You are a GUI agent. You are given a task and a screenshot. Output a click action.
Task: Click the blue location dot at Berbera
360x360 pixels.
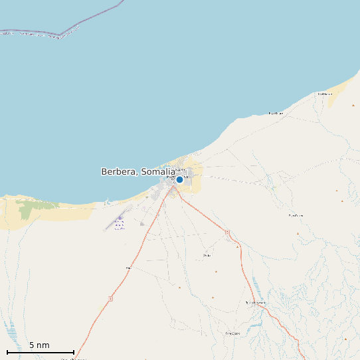(x=179, y=179)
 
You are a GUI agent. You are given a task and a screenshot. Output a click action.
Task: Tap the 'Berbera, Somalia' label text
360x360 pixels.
(x=137, y=171)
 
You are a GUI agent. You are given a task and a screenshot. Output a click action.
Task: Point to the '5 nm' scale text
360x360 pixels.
(x=39, y=345)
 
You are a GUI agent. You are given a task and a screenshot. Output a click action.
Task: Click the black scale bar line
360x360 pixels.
(x=40, y=352)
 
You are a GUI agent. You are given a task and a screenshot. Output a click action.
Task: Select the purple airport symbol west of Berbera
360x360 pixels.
(x=120, y=218)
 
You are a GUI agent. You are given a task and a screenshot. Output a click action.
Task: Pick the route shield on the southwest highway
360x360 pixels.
(x=128, y=268)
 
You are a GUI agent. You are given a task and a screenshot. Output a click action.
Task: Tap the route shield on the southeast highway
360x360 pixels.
(x=227, y=232)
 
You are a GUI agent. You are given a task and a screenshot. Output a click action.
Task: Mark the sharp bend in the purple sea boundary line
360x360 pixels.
(x=59, y=35)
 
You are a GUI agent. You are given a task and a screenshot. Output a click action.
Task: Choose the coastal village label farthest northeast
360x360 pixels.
(x=324, y=94)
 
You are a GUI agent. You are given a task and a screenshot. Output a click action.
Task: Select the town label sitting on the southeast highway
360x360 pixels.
(x=256, y=303)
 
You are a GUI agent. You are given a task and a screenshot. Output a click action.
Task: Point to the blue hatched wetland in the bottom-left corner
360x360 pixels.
(x=9, y=328)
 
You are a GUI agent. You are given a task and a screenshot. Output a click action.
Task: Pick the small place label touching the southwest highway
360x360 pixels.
(x=128, y=268)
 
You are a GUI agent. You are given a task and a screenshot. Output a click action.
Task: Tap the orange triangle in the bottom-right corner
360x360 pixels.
(x=345, y=339)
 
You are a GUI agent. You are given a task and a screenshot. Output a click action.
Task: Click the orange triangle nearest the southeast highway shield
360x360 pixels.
(x=237, y=246)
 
